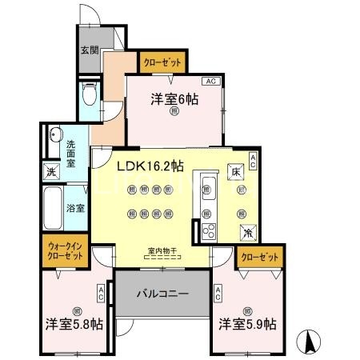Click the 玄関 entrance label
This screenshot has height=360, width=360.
(x=89, y=49)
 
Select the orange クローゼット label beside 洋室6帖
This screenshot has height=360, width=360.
(x=163, y=61)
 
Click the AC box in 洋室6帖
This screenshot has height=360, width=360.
(x=211, y=82)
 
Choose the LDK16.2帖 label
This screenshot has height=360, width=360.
(x=150, y=166)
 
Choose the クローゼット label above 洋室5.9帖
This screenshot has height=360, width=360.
(x=259, y=258)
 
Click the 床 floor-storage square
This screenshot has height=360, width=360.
(x=237, y=172)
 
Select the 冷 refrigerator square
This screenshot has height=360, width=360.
(x=248, y=232)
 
